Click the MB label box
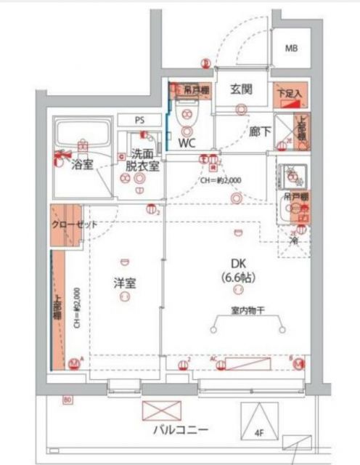pyautogui.click(x=291, y=49)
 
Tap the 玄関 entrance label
pyautogui.click(x=241, y=90)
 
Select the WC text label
pyautogui.click(x=187, y=143)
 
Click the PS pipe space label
pyautogui.click(x=140, y=120)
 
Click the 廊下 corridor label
pyautogui.click(x=260, y=132)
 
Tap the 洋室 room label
pyautogui.click(x=124, y=281)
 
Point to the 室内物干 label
pyautogui.click(x=247, y=311)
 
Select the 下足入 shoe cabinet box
pyautogui.click(x=291, y=93)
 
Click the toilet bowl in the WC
pyautogui.click(x=187, y=115)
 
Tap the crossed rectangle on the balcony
pyautogui.click(x=159, y=411)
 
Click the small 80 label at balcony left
pyautogui.click(x=67, y=400)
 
